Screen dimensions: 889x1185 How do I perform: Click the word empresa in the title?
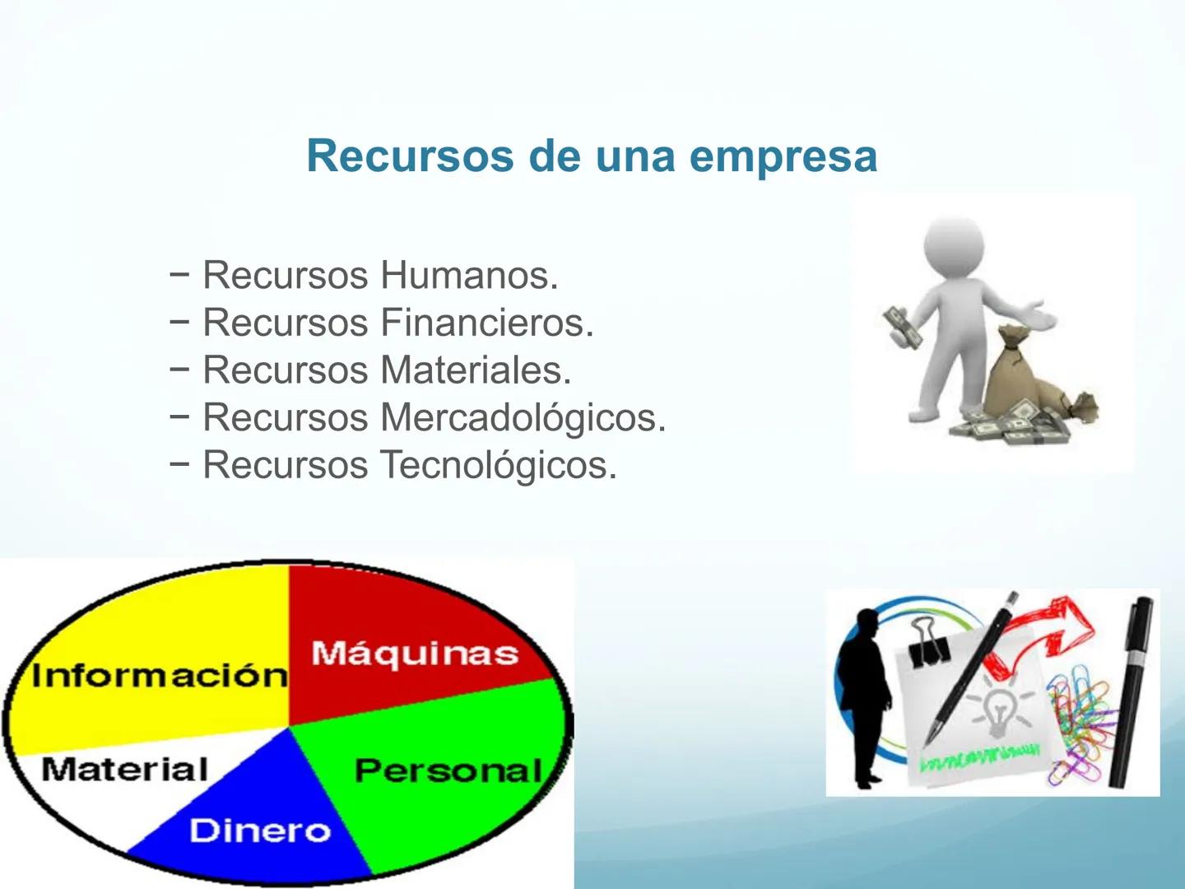tap(783, 156)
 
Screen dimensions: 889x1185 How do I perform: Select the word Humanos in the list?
tap(469, 275)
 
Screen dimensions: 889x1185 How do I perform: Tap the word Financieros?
tap(486, 323)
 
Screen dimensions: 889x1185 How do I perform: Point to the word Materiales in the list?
tap(475, 370)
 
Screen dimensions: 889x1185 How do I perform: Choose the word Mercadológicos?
tap(523, 418)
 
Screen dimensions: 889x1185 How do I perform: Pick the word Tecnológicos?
tap(498, 466)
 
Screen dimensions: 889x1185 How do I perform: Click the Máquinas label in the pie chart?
tap(415, 654)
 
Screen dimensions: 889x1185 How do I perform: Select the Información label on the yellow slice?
tap(159, 676)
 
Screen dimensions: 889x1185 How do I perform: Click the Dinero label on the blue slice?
tap(260, 831)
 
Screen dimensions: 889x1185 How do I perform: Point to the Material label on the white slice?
tap(124, 770)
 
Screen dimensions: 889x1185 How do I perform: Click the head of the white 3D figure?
tap(955, 245)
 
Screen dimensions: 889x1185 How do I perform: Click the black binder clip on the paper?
tap(929, 640)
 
